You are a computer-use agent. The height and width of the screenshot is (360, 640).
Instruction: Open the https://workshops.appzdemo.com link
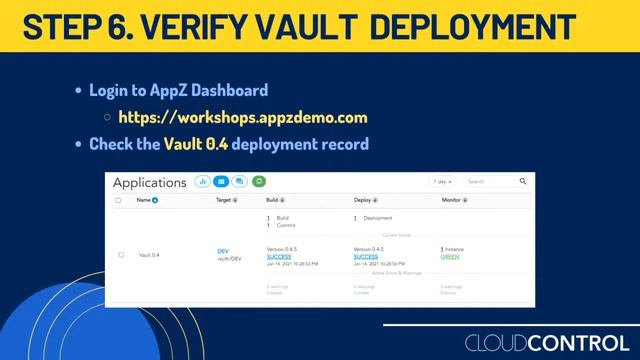tap(243, 117)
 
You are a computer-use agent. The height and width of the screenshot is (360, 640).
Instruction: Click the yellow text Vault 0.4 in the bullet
tap(196, 144)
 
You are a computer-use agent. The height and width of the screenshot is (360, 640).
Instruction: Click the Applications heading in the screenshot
tap(149, 183)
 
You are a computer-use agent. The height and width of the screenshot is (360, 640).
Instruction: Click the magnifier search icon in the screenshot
tap(522, 182)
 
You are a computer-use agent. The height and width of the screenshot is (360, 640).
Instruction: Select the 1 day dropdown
tap(442, 182)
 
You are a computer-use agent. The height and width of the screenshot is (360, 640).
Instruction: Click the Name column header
tap(146, 200)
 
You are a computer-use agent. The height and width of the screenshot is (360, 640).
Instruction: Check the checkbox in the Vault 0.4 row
tap(121, 255)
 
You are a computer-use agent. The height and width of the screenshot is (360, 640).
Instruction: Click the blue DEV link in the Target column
tap(223, 251)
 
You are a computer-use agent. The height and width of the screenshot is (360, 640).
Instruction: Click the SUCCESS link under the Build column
tap(279, 257)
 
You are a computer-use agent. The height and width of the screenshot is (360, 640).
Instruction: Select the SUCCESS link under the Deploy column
tap(366, 257)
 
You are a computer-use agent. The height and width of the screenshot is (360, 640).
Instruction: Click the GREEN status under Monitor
tap(450, 257)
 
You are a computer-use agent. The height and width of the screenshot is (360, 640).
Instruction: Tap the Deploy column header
tap(366, 200)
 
